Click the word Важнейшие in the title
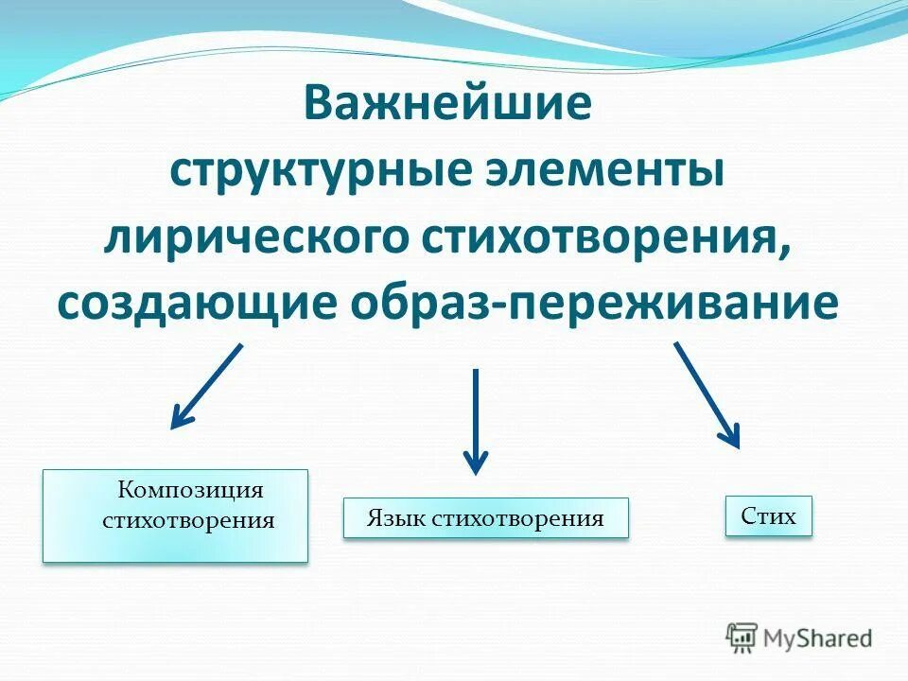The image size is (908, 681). click(x=447, y=103)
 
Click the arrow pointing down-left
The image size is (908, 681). click(x=207, y=386)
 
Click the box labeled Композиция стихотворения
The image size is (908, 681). click(x=176, y=515)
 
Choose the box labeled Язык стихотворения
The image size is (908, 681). click(x=485, y=518)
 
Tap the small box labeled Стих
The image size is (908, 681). click(x=768, y=516)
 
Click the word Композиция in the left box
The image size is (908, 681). click(x=189, y=490)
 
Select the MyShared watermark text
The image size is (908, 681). click(x=818, y=637)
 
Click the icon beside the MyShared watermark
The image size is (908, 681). click(x=742, y=637)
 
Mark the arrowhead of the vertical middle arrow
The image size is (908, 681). click(x=476, y=461)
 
